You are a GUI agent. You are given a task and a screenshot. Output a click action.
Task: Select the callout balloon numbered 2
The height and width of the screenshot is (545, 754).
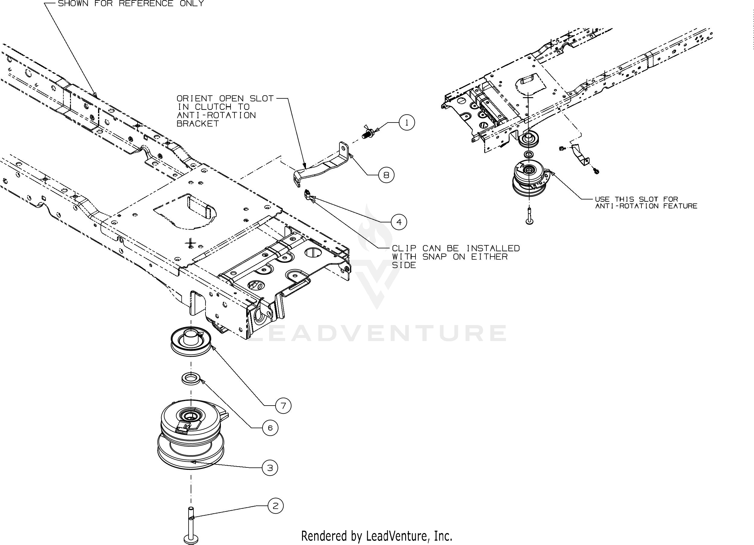275,506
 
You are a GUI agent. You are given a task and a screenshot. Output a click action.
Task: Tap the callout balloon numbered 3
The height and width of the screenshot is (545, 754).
270,468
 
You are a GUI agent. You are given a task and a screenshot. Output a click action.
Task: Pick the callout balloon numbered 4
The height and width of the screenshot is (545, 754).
399,222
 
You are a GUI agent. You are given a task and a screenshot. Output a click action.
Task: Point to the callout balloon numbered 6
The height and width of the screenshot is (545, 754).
270,428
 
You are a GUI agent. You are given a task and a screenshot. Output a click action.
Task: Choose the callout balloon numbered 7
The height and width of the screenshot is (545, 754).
283,406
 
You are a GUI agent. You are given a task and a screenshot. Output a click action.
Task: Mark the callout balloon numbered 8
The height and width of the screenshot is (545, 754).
386,175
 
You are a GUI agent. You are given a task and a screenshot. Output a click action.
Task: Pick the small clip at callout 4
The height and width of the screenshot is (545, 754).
307,195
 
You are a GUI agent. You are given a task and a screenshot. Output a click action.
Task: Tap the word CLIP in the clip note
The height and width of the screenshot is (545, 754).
404,248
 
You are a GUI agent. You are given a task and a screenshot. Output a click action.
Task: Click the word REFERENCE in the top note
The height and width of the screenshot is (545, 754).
146,4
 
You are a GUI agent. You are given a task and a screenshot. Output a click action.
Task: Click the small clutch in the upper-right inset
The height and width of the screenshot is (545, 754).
529,179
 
